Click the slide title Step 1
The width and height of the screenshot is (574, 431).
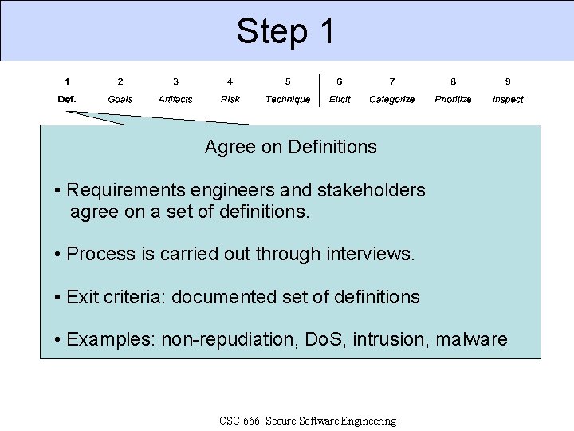click(286, 31)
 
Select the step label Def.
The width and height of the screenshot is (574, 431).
click(67, 99)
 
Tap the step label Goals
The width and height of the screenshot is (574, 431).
click(120, 99)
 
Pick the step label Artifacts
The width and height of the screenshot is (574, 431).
click(175, 99)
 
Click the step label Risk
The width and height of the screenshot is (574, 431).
click(230, 99)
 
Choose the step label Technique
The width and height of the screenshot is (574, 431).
click(288, 99)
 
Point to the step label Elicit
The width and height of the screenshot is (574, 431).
click(340, 99)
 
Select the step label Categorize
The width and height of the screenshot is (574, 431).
click(392, 99)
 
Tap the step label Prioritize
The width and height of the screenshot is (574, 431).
click(453, 99)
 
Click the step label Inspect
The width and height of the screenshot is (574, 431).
click(508, 99)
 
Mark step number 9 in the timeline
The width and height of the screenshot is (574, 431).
click(508, 81)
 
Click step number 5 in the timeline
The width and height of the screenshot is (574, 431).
click(288, 81)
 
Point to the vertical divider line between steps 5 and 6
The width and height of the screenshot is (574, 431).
click(319, 90)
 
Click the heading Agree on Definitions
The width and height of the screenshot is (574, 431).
click(290, 147)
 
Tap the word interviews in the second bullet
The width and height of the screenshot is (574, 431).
click(371, 254)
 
